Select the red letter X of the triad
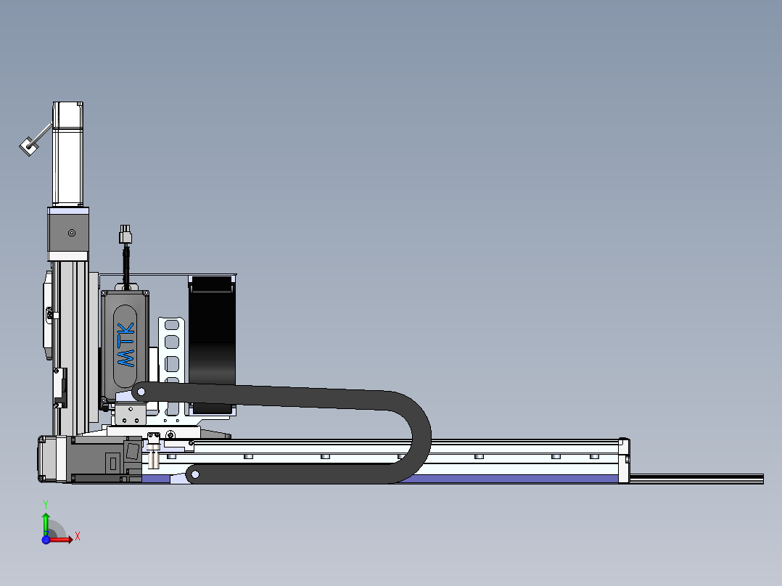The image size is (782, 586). [78, 537]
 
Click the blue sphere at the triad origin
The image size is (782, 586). [46, 539]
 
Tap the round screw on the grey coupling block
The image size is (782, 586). [71, 233]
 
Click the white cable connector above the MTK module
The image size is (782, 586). [126, 236]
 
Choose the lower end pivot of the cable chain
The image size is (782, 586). [194, 475]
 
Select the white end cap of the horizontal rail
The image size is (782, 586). [624, 461]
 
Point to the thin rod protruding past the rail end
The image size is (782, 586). [696, 478]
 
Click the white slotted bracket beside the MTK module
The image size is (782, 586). [171, 348]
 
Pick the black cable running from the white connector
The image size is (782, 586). [127, 265]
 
